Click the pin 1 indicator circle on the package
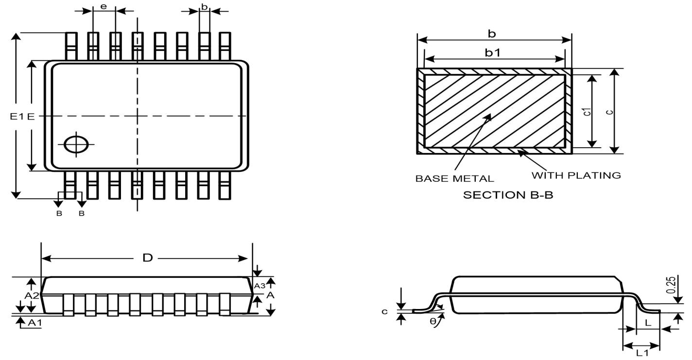click(x=77, y=145)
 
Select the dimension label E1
click(x=16, y=117)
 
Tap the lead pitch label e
click(x=103, y=6)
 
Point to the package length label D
click(x=147, y=258)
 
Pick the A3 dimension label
click(x=259, y=286)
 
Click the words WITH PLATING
click(x=576, y=175)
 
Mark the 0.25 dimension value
click(x=671, y=285)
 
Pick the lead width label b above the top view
click(x=204, y=6)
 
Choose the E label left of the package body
click(x=30, y=117)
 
